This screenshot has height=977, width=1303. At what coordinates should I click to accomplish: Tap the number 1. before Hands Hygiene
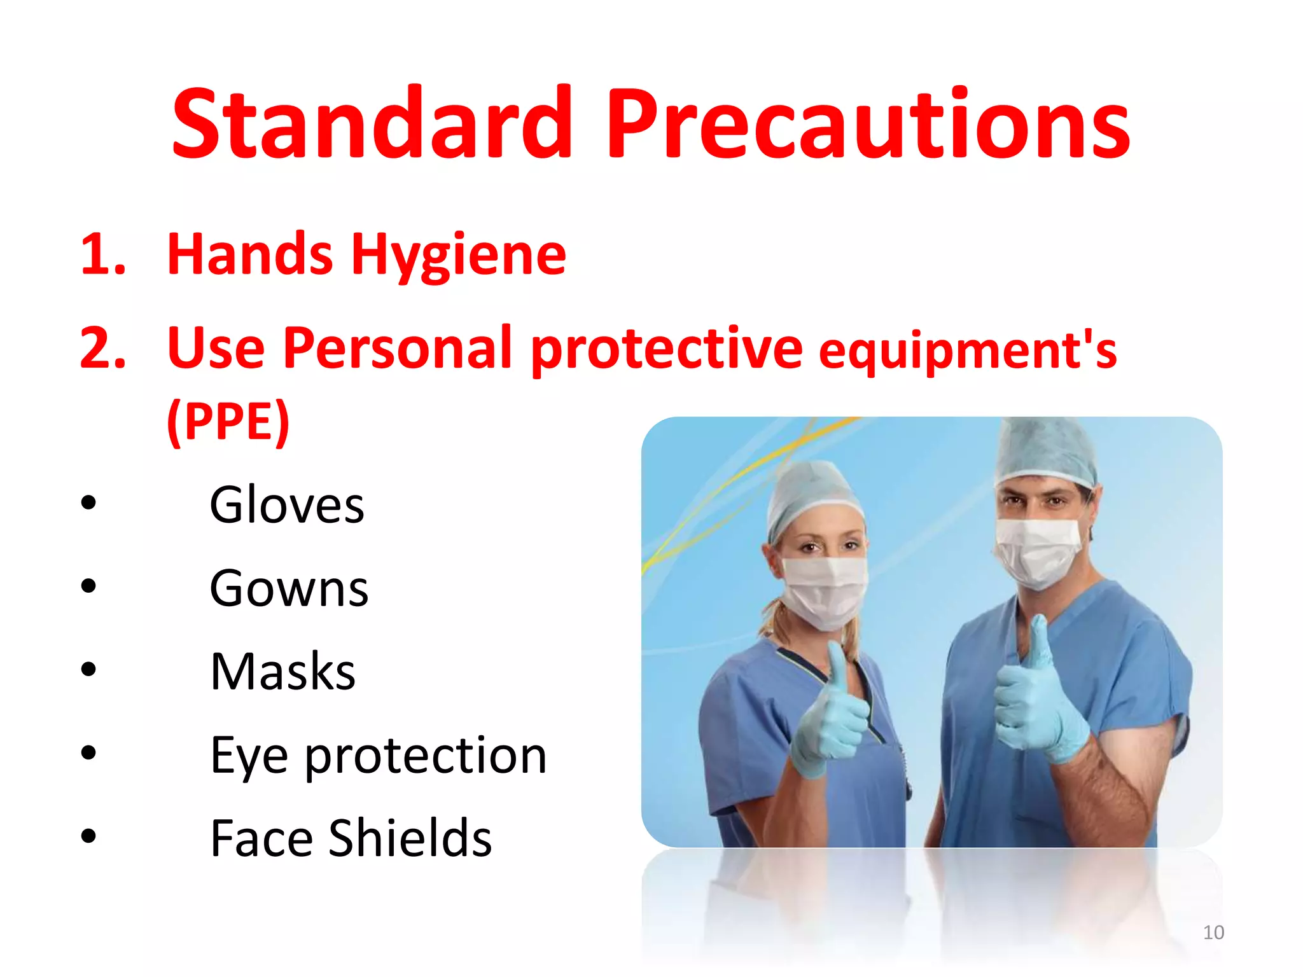click(x=103, y=255)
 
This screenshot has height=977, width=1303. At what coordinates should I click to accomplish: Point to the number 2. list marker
click(x=103, y=349)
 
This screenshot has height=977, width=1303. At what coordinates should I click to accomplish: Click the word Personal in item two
click(x=398, y=348)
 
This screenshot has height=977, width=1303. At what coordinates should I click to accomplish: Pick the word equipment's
click(x=967, y=352)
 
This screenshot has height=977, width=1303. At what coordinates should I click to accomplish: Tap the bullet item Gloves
click(x=287, y=505)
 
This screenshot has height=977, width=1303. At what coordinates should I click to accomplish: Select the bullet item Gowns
click(x=289, y=588)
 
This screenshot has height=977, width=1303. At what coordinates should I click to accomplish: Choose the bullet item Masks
click(x=282, y=672)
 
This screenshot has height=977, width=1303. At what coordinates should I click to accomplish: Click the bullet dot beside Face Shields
click(x=88, y=835)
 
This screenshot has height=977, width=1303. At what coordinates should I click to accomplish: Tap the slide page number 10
click(x=1213, y=932)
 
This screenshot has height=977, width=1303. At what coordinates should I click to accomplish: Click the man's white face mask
click(x=1037, y=550)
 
